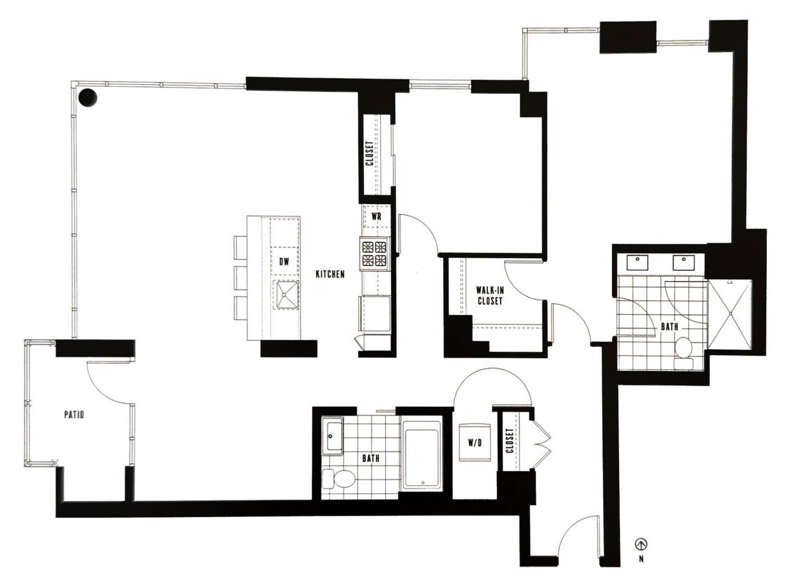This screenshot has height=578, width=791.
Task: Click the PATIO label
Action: [74, 414]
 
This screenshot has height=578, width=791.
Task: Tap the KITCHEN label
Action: [330, 274]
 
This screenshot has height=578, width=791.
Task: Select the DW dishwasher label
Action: [284, 261]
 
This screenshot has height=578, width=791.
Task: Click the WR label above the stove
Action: [377, 216]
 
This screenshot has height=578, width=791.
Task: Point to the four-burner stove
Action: [374, 253]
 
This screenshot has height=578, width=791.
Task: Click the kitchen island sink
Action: [286, 294]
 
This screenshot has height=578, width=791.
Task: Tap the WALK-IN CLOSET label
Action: [489, 296]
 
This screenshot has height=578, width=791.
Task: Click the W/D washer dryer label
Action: [475, 443]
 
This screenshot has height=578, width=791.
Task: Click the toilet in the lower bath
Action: [341, 479]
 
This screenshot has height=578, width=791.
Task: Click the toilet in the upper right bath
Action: [684, 349]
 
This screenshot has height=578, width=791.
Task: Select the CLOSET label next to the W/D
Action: [509, 440]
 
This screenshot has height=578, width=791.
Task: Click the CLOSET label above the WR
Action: [370, 153]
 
